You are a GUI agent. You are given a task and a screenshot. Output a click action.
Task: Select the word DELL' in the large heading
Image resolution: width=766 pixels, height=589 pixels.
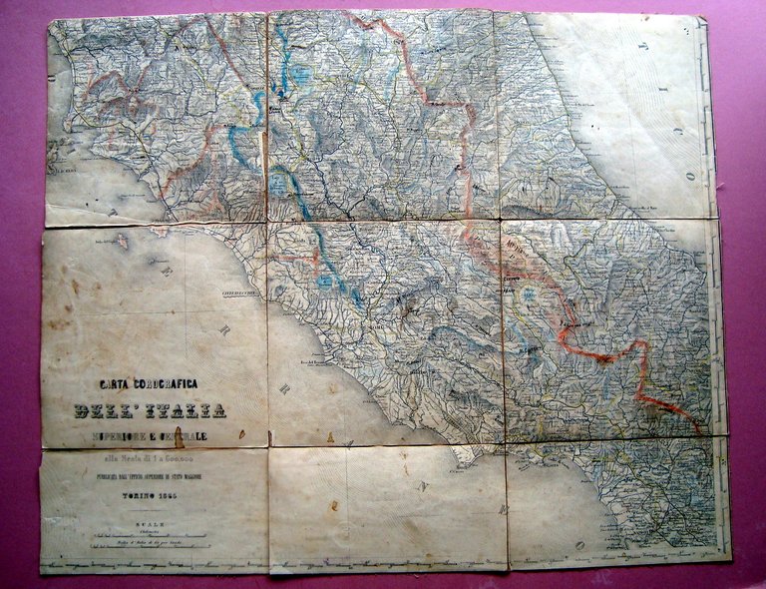click(x=109, y=410)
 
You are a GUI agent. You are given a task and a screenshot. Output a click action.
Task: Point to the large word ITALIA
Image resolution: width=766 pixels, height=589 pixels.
click(x=187, y=410)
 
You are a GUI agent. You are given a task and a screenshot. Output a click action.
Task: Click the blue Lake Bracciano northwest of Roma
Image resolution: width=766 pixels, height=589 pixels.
click(x=324, y=283)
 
